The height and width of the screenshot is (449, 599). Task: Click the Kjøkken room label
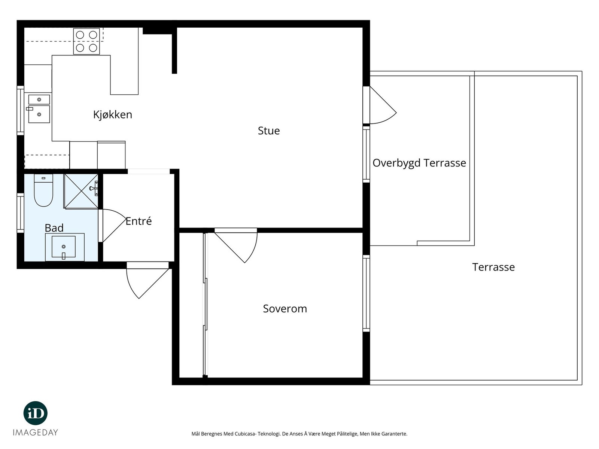pos(112,115)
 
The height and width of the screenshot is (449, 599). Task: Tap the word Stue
pos(269,131)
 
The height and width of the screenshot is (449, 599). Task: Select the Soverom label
pos(285,309)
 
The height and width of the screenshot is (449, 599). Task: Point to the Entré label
pos(139,221)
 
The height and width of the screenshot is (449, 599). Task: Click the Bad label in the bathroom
pos(54,228)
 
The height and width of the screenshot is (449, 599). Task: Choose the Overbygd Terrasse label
pos(419,163)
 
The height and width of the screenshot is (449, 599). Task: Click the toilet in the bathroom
pos(43,190)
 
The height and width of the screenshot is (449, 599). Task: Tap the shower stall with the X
pos(81,191)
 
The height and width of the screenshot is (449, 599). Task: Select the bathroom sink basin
pos(64,247)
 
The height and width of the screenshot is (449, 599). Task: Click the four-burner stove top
pos(86,42)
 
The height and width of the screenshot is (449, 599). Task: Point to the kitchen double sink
pos(39,109)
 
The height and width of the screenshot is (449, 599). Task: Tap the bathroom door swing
pos(112,226)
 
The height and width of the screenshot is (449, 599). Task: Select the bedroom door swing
pos(236,245)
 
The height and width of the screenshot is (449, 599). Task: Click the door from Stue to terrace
pos(379,105)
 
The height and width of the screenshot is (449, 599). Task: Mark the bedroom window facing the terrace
pos(366,293)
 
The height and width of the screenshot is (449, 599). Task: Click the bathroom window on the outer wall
pos(21,213)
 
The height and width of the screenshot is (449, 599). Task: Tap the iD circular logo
pos(36,413)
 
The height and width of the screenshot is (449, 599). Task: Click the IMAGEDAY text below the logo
pos(36,433)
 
